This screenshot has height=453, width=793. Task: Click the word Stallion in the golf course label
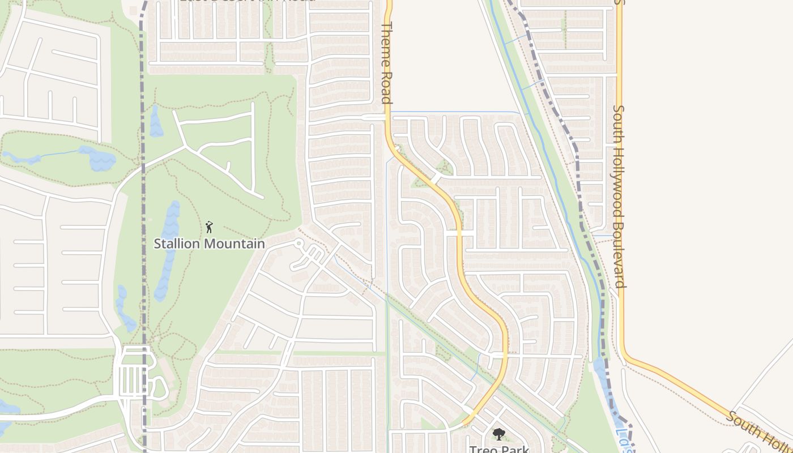(177, 244)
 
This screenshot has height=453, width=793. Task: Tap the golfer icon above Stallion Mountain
(209, 227)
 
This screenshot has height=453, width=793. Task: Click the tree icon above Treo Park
(498, 434)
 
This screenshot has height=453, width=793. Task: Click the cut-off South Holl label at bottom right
(759, 434)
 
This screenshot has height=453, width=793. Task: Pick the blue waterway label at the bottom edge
(622, 442)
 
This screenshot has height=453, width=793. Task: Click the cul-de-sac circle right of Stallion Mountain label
(299, 243)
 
